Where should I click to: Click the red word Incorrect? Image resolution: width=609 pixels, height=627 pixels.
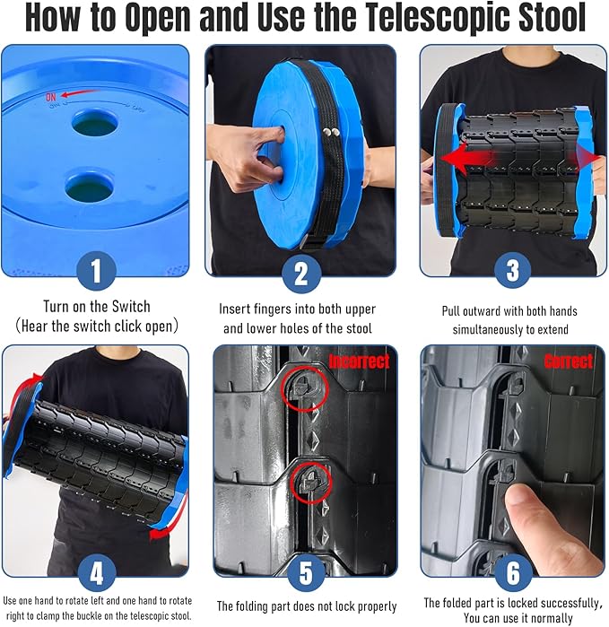[x=359, y=362]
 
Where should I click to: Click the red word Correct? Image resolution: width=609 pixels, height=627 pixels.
[x=568, y=361]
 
